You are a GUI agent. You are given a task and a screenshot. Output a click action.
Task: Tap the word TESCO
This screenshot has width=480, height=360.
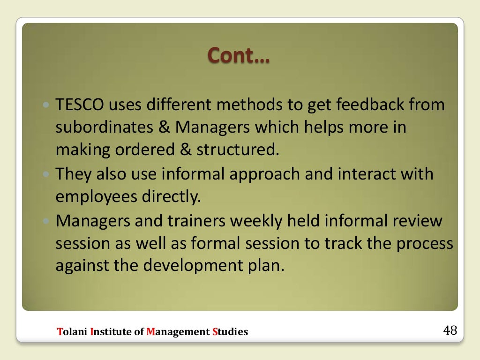(x=80, y=105)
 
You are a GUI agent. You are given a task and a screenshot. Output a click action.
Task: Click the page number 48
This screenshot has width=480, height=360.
(x=450, y=330)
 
